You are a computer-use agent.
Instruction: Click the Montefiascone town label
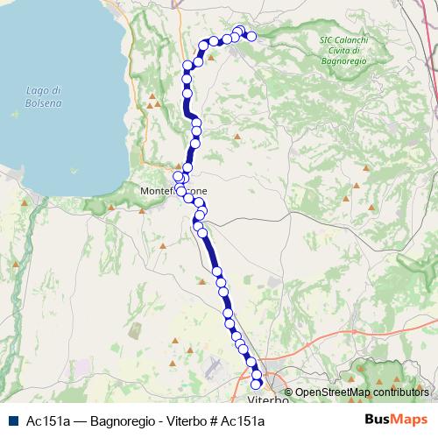click(173, 190)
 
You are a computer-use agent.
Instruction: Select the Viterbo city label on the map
click(268, 400)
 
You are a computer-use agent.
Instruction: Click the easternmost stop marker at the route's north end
click(252, 37)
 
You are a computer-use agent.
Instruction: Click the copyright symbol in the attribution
click(288, 392)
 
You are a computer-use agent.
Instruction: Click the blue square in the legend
click(11, 420)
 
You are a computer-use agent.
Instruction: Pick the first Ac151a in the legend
click(49, 420)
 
